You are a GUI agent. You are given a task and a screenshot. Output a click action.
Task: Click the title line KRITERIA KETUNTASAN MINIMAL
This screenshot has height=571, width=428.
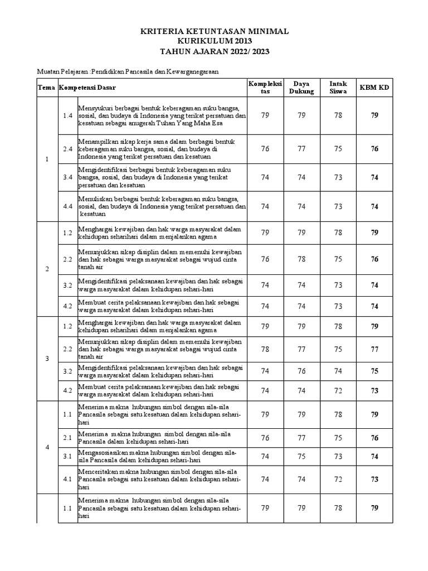[214, 32]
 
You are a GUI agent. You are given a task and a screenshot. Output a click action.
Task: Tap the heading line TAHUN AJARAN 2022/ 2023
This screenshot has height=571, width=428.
[214, 52]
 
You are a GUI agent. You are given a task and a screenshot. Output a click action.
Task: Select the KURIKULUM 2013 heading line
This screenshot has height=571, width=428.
[214, 42]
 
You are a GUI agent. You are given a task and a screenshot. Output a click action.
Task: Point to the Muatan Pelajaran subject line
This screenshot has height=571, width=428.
[128, 72]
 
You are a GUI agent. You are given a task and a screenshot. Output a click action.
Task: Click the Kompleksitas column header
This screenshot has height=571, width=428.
[265, 88]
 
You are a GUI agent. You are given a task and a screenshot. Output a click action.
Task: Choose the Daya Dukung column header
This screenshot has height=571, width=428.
[301, 88]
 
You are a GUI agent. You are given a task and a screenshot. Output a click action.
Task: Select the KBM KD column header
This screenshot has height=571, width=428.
[374, 88]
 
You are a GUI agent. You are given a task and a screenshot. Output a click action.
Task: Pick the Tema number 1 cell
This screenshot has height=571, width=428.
[47, 159]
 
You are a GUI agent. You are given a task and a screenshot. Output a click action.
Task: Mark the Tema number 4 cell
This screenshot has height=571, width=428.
[47, 447]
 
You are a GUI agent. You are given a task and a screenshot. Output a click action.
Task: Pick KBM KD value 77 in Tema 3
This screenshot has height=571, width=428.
[374, 349]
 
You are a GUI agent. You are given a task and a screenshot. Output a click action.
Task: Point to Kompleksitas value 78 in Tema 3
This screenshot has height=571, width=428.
[265, 349]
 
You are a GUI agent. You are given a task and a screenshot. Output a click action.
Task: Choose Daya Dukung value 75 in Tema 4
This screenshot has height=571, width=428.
[301, 456]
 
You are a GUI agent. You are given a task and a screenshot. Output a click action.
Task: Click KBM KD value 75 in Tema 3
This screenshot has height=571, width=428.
[374, 371]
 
